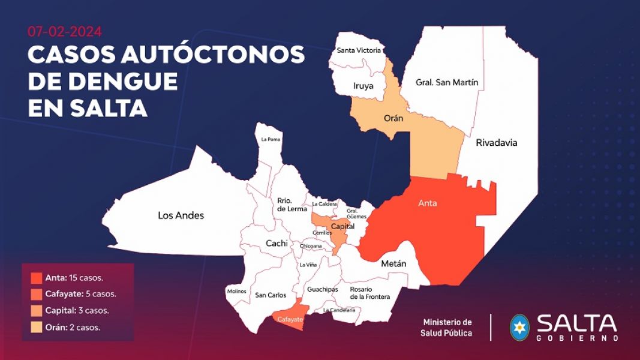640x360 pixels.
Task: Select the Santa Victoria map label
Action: coord(359,50)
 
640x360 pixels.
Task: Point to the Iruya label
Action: coord(363,86)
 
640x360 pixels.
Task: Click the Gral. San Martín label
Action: coord(447,82)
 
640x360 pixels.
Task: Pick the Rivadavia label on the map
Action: coord(496,143)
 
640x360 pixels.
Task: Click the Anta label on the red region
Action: coord(427,203)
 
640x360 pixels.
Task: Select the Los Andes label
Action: coord(181,215)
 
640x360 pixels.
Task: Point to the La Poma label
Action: coord(271,139)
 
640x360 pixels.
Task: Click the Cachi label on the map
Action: coord(277,244)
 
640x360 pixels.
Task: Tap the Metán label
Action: coord(393,264)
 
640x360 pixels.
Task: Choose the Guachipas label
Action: coord(322,289)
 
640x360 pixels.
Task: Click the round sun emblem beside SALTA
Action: coord(519,328)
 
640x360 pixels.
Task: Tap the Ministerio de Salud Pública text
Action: coord(447,328)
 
